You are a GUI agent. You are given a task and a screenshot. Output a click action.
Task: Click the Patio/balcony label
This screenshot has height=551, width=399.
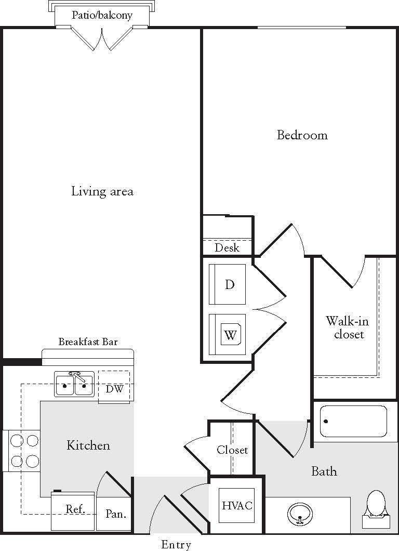click(101, 15)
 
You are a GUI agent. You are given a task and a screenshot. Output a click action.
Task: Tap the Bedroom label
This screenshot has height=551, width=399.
click(302, 135)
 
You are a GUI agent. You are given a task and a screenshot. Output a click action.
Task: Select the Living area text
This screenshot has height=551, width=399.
click(102, 191)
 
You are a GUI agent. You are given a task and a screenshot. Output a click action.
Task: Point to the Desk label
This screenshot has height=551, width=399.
click(227, 247)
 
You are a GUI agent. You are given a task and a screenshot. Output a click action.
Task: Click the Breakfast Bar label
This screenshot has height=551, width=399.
click(88, 342)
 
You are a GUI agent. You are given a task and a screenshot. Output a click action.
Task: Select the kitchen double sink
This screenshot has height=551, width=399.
click(74, 384)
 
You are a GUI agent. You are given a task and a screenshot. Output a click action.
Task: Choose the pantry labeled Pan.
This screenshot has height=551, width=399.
click(115, 514)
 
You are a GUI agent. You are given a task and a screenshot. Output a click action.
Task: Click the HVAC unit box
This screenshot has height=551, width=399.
click(237, 505)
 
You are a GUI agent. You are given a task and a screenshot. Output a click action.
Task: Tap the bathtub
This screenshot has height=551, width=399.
click(353, 421)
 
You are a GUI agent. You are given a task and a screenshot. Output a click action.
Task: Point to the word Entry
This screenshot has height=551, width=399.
click(176, 544)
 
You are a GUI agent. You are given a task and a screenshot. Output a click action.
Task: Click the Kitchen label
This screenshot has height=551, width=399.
click(88, 445)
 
